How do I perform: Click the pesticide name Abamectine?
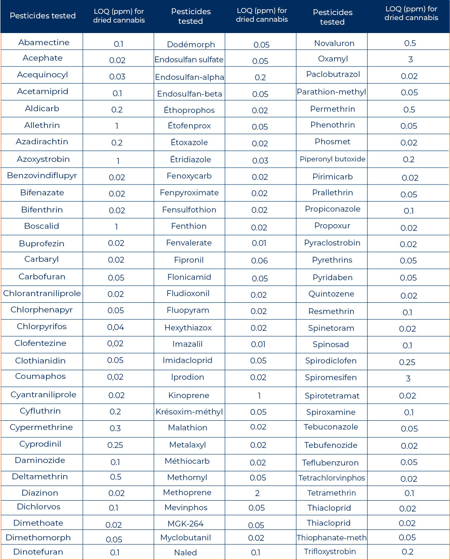(43, 42)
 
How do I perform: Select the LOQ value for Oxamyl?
(410, 59)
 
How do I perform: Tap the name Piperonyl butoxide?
(332, 159)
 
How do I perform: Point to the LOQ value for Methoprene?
(257, 493)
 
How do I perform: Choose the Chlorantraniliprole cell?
(42, 293)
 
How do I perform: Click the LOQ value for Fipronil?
(259, 261)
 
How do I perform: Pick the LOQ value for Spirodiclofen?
(407, 362)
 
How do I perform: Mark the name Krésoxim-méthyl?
(189, 412)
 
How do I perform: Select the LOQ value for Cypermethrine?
(115, 428)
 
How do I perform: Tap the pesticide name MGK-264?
(185, 524)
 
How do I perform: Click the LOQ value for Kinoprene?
(259, 396)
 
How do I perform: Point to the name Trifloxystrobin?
(330, 552)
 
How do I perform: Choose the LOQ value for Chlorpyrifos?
(115, 327)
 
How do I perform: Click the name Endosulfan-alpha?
(189, 77)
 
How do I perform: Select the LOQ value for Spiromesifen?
(408, 378)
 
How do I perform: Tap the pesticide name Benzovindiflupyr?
(42, 175)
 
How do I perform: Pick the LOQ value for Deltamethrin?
(115, 477)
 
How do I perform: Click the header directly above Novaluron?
(332, 17)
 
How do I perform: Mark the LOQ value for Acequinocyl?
(117, 77)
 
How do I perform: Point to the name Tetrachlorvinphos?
(332, 478)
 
